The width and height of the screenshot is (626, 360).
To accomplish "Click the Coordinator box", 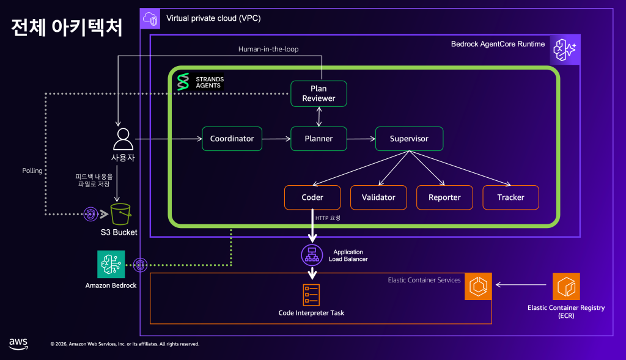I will point(232,139).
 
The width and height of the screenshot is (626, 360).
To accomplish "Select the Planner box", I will point(319,139).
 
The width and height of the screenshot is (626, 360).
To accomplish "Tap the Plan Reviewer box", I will point(319,94).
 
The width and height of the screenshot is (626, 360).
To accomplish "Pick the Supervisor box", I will point(409,139).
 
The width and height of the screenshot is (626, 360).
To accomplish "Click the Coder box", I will point(312,197).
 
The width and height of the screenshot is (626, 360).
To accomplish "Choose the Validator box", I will point(378,197).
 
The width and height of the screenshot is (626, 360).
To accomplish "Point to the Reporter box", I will point(444,197).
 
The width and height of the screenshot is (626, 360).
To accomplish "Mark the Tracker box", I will point(510,197).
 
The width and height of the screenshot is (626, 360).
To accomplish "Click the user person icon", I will point(122,139).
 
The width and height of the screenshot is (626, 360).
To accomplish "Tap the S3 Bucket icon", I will point(120,215).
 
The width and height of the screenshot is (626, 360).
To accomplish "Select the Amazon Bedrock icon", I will point(111,265).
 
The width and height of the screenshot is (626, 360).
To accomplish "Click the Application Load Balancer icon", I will point(312,255).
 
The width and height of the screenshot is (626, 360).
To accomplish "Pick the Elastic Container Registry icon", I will point(566,287).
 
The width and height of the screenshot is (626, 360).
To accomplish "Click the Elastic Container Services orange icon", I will point(479,286).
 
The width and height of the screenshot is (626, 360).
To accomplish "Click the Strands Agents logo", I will point(183,82).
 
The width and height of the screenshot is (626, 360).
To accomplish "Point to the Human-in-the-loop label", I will point(268,49).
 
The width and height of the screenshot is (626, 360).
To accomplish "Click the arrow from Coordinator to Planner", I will point(276,139).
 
